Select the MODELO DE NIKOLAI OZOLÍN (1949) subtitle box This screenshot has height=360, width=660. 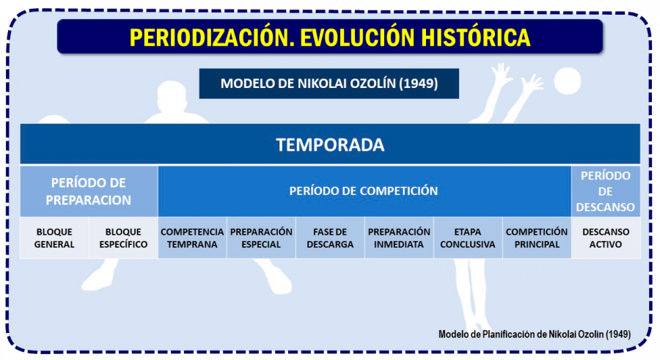point(329,84)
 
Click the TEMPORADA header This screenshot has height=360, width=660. point(330,144)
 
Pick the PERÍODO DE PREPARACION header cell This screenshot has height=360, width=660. point(89,191)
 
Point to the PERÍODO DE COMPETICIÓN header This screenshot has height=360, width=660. point(364,191)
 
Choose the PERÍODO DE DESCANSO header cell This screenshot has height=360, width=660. point(606,191)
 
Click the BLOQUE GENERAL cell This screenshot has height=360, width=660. point(54,238)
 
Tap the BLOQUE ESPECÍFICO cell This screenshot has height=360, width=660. point(123,238)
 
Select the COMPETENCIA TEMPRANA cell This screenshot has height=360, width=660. point(192,238)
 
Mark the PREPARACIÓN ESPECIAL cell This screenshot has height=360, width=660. point(261,238)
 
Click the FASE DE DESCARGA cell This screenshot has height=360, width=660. point(330,238)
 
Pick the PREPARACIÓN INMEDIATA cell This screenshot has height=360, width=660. point(399,238)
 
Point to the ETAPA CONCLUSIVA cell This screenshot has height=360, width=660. point(468,238)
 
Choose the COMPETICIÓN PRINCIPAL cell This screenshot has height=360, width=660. point(537,238)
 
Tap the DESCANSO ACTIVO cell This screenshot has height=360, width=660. point(606,238)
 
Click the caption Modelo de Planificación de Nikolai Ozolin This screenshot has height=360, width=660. point(534,334)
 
